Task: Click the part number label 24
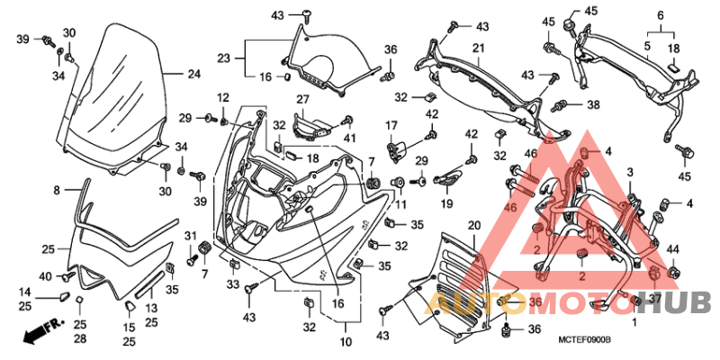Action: (x=193, y=75)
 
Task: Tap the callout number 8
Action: (x=56, y=191)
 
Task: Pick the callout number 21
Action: (x=660, y=15)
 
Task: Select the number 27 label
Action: (x=302, y=99)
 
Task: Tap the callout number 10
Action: (x=346, y=343)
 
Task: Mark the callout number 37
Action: (x=654, y=298)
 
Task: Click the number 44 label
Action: (x=672, y=249)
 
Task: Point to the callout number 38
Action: (x=593, y=104)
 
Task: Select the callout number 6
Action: (x=660, y=15)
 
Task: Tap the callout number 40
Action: (x=46, y=275)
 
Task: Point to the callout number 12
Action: (x=222, y=97)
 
